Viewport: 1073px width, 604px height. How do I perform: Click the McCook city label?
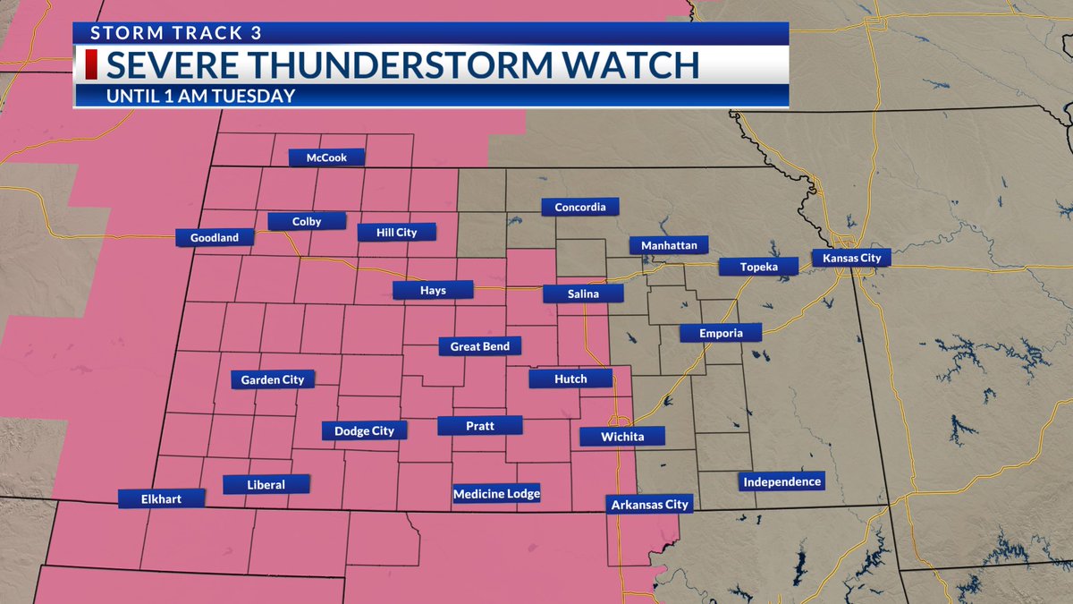pos(327,157)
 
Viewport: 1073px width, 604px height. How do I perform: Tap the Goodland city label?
pos(215,238)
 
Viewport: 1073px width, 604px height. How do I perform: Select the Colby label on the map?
pos(307,221)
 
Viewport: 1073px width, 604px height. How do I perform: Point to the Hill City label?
pos(396,233)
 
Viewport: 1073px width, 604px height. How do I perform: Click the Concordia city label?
pos(580,208)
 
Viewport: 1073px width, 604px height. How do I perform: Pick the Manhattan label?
pos(669,245)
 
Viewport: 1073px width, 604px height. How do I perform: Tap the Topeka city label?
pos(759,267)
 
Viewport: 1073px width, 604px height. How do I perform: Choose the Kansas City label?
pos(851,259)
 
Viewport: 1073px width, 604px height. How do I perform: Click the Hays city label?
pos(432,290)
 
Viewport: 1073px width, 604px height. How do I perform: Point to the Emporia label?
pos(720,334)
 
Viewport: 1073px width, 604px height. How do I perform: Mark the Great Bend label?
pos(479,346)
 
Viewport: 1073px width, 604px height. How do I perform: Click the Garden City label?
pos(273,379)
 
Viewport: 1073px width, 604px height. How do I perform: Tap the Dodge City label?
pos(364,431)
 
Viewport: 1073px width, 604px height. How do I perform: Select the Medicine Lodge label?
pos(497,494)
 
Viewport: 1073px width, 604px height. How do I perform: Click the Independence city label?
pos(782,482)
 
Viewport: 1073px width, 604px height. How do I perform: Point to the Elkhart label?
pos(161,499)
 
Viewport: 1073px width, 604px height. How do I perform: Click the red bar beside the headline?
pos(90,65)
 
